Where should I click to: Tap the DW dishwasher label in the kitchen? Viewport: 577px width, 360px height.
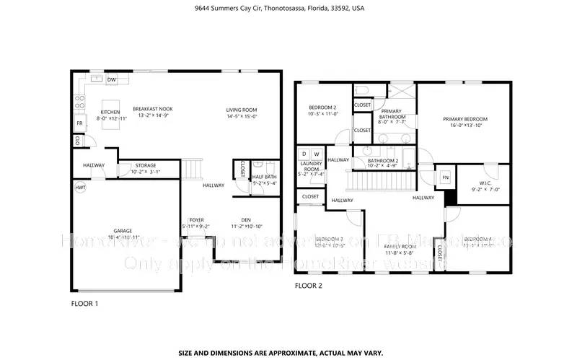(x=112, y=79)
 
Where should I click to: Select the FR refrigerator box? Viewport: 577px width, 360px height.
(x=79, y=123)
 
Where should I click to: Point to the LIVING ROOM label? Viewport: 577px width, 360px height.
(x=242, y=109)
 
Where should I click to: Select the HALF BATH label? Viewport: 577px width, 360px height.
(x=264, y=177)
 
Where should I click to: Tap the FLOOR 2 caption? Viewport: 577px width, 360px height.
(x=309, y=286)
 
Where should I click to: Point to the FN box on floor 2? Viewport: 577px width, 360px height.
(x=446, y=177)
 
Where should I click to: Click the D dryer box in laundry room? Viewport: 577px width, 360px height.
(x=304, y=154)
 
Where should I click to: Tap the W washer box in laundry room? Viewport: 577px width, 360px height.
(x=317, y=154)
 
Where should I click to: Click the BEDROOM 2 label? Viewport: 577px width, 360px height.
(x=322, y=107)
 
